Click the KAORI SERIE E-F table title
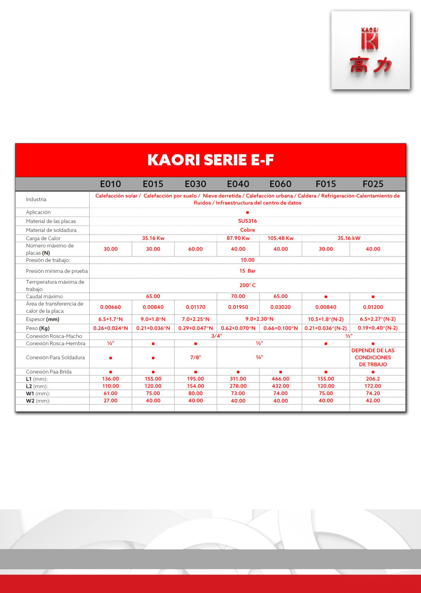coord(210,160)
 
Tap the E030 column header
coord(195,184)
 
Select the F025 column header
coord(373,184)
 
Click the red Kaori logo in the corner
coord(370,50)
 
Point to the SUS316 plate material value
coord(247,221)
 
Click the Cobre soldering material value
coord(247,230)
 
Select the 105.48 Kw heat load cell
coord(280,238)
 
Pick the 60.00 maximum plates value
coord(195,249)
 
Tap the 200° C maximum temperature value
coord(247,285)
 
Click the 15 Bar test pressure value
coord(247,271)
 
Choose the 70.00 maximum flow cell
coord(238,296)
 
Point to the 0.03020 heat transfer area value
coord(280,307)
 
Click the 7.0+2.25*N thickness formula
coord(195,319)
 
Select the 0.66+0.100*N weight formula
coord(280,328)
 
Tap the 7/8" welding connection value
coord(195,357)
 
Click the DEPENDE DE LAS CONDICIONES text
coord(373,357)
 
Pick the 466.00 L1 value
coord(280,379)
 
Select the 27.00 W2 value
coord(110,401)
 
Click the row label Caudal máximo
coord(44,296)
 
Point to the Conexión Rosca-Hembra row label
coord(56,343)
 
